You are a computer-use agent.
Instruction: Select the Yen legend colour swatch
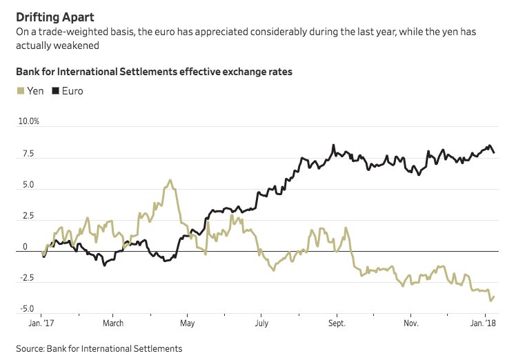point(20,91)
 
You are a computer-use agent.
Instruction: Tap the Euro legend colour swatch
point(55,91)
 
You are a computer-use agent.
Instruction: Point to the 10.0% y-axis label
point(28,121)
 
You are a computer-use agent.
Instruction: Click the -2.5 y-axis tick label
point(26,278)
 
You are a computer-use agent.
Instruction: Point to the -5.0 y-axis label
point(26,309)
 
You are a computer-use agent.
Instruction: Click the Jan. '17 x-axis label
point(42,323)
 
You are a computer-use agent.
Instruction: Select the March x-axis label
point(113,323)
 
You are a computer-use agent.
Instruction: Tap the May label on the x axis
point(187,323)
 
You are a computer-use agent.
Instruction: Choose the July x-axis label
point(261,323)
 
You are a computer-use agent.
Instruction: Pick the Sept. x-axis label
point(337,323)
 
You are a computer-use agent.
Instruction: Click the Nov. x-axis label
point(411,323)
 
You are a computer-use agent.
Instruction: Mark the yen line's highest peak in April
point(169,180)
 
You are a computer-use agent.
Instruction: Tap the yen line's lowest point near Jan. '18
point(490,300)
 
